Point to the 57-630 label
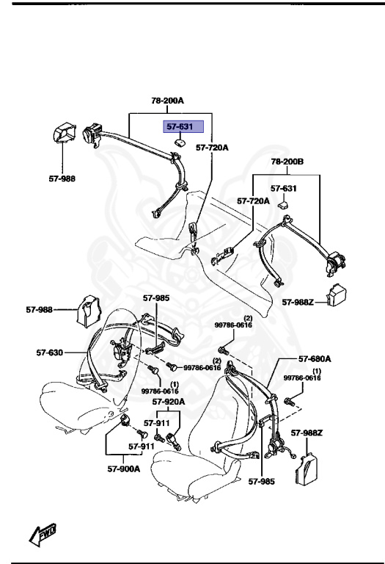[51, 352]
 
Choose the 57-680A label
[315, 359]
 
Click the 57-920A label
[169, 402]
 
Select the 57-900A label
[125, 469]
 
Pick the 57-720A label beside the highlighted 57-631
[212, 148]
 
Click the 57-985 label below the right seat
[260, 482]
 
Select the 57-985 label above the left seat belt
[156, 298]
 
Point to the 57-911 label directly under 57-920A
[157, 423]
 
